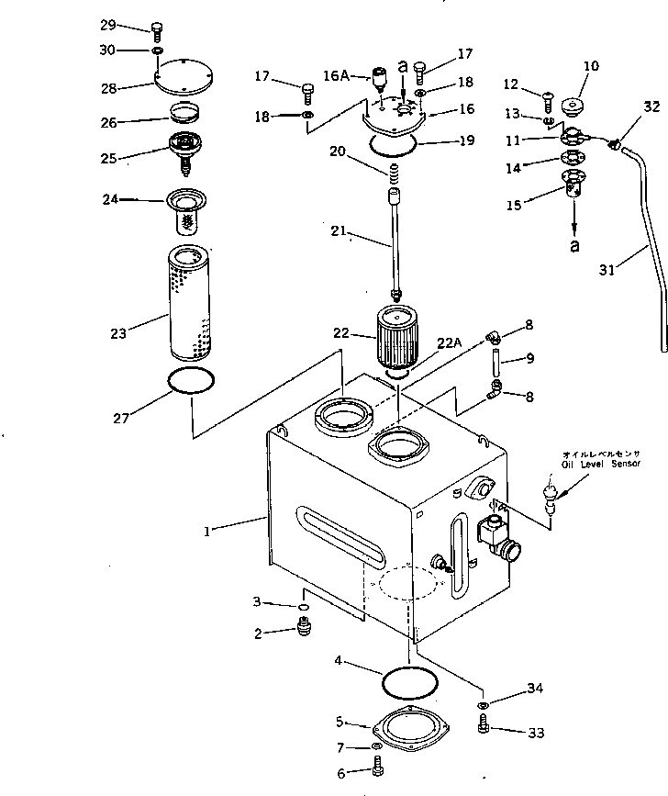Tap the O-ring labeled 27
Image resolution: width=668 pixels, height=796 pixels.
(x=192, y=381)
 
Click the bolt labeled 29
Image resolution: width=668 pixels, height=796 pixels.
(x=155, y=29)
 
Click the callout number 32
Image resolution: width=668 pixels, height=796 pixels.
(x=651, y=107)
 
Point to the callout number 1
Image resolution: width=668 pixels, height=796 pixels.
(x=208, y=532)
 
